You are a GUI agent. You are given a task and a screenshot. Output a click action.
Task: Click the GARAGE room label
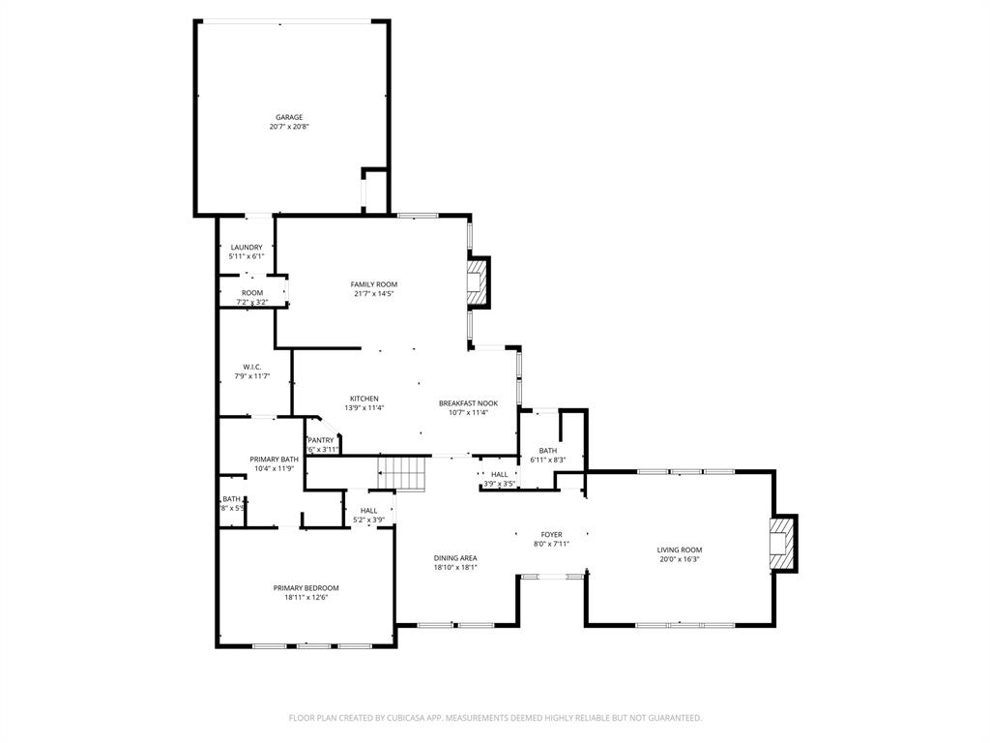289,117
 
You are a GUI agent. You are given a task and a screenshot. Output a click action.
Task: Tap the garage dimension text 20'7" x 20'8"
289,127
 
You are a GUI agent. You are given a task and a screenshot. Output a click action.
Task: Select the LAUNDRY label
247,247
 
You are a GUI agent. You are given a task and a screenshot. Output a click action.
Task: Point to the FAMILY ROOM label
373,284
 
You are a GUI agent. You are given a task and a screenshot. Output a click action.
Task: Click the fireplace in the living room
782,544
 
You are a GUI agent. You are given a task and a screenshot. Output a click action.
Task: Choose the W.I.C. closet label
252,367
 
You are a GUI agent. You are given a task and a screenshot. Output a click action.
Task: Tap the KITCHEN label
364,399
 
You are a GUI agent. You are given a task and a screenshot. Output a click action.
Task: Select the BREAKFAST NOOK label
468,402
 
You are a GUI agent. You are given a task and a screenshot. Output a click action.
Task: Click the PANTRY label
321,440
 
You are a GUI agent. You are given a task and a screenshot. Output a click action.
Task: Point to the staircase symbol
402,474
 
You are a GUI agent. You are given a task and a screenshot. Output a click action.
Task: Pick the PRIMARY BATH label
274,460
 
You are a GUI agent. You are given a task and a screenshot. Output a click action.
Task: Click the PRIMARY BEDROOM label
306,588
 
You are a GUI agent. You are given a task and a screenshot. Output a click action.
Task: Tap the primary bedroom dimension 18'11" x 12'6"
306,598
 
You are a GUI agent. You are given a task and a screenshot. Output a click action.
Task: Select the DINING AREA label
454,558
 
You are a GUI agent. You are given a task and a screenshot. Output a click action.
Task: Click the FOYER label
551,534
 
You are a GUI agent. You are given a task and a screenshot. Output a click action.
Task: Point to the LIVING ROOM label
680,550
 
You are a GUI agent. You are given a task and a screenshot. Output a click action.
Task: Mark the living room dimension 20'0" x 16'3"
680,559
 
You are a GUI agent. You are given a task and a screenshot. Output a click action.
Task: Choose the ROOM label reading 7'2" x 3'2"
252,292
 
